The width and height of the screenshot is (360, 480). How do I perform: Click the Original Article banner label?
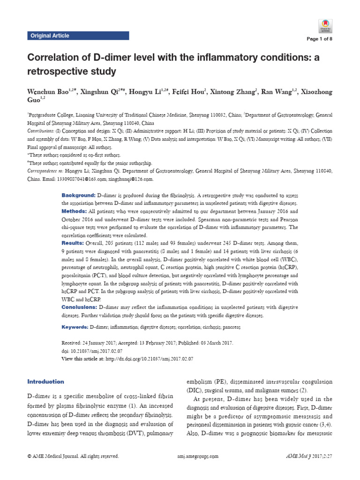point(50,36)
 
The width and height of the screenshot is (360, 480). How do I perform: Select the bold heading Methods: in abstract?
point(75,211)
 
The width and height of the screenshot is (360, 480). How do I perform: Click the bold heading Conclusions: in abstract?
point(79,307)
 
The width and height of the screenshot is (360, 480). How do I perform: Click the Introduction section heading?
point(45,382)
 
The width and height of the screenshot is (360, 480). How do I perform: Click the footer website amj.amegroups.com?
point(199,456)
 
